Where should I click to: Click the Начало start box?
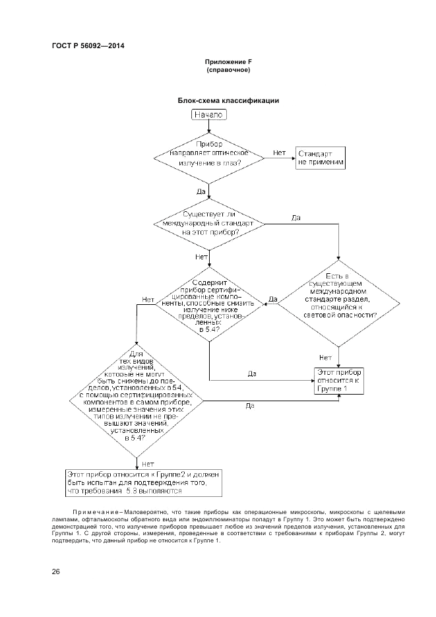click(x=209, y=115)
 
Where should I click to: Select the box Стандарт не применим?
click(x=321, y=157)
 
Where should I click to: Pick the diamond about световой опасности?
click(x=339, y=298)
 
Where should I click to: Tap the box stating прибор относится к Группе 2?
click(x=146, y=483)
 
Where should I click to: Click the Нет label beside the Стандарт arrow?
click(x=279, y=152)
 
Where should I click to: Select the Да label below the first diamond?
click(x=201, y=191)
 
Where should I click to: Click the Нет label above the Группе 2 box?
click(x=148, y=464)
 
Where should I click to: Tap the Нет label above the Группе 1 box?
click(x=325, y=358)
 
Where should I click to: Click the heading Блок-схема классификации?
click(x=228, y=101)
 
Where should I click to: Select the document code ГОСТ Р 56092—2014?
click(x=88, y=46)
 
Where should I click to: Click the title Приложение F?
click(x=228, y=62)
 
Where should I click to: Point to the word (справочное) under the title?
click(x=228, y=70)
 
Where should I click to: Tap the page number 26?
click(x=56, y=572)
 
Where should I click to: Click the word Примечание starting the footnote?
click(x=94, y=511)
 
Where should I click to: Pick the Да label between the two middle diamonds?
click(x=272, y=300)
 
